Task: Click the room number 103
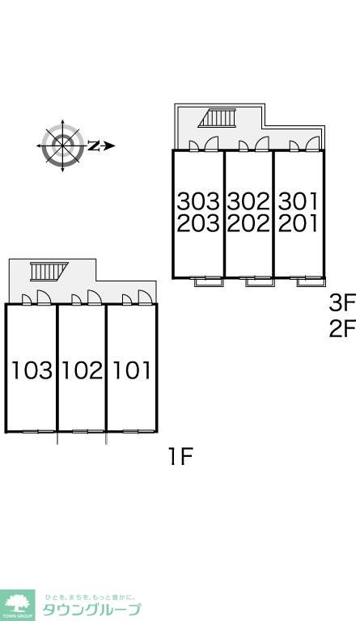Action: click(32, 370)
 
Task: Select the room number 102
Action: click(82, 370)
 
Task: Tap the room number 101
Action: click(133, 370)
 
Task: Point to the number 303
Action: click(198, 201)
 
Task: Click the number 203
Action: click(198, 223)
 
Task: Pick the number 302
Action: click(248, 201)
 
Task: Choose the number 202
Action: click(248, 223)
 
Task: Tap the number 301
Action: click(299, 201)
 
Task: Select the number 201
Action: click(299, 223)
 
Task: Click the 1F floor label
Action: click(180, 457)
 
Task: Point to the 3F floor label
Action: click(342, 304)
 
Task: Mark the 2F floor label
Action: click(342, 329)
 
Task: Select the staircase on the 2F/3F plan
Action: click(217, 117)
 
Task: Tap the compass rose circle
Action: click(62, 146)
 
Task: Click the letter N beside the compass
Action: click(93, 146)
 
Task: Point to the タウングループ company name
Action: click(91, 609)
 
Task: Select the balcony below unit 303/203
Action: click(209, 282)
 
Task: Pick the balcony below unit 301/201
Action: click(311, 282)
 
